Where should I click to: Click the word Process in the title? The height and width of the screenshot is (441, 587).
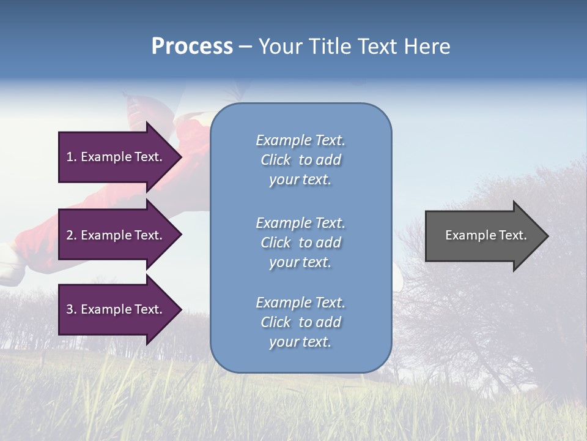192,47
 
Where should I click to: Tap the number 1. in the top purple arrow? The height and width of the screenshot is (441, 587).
72,157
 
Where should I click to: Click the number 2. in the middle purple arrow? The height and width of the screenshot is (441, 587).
72,235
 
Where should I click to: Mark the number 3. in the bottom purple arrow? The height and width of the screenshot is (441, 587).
72,309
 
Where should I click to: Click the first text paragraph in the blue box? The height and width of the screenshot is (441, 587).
300,160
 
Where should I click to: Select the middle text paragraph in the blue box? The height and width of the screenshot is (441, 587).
300,243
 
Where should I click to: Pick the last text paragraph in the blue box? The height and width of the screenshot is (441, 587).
300,322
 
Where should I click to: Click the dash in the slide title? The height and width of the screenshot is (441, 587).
245,47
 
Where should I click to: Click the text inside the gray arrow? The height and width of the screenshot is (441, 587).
485,235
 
